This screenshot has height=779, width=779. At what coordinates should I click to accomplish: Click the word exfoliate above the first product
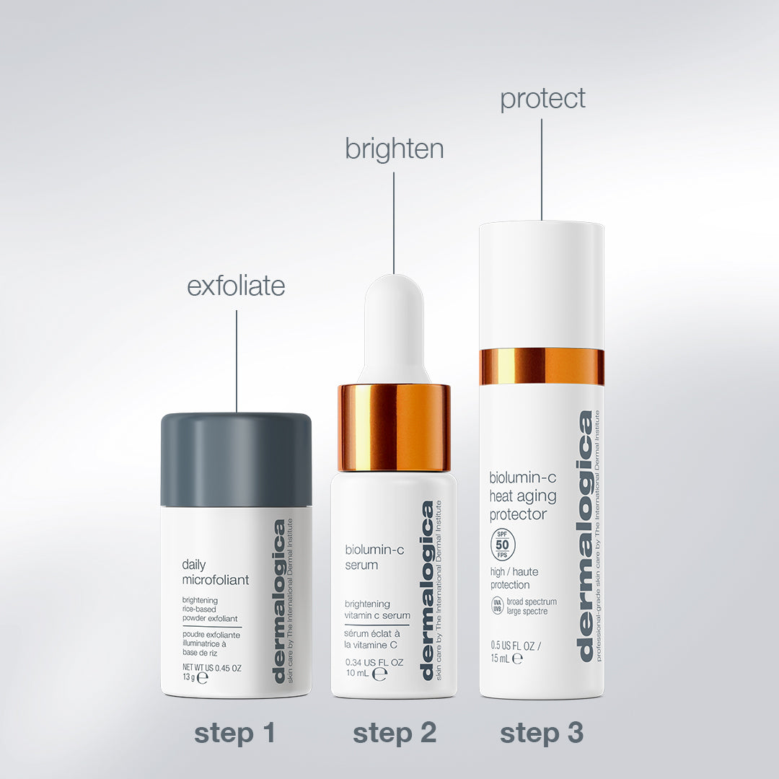tap(236, 286)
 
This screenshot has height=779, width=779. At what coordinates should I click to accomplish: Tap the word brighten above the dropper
tap(394, 149)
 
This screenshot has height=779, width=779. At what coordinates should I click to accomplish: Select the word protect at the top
tap(542, 99)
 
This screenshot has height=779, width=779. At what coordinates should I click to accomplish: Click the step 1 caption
tap(235, 733)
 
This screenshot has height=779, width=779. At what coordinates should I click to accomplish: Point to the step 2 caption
tap(395, 733)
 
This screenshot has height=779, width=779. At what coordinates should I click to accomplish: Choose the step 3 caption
tap(542, 733)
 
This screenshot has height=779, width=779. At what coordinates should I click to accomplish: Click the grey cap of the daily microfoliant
tap(236, 459)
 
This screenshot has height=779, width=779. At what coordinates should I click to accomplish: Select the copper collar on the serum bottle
tap(394, 427)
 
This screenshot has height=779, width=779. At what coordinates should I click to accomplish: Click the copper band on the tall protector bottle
tap(542, 366)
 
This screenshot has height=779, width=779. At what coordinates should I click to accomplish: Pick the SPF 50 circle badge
tap(503, 545)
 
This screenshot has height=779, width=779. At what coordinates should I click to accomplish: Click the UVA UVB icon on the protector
tap(497, 606)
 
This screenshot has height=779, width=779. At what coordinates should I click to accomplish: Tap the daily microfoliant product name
tap(215, 572)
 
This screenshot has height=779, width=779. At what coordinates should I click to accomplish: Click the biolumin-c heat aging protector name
tap(523, 496)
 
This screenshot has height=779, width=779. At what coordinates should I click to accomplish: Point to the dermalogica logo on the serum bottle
tap(427, 590)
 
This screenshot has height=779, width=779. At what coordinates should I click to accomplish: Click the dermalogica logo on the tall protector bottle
tap(585, 535)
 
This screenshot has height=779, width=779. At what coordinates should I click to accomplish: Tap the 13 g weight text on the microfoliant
tap(189, 678)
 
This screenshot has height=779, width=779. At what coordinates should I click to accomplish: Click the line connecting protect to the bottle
tap(542, 170)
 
